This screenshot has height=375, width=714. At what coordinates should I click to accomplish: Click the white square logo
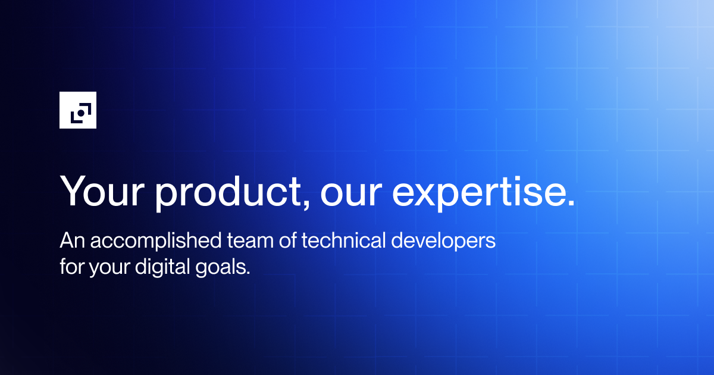[x=77, y=110]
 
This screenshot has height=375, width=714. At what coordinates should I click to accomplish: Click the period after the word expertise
[x=571, y=203]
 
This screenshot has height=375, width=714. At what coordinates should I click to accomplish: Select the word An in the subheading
[x=69, y=242]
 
